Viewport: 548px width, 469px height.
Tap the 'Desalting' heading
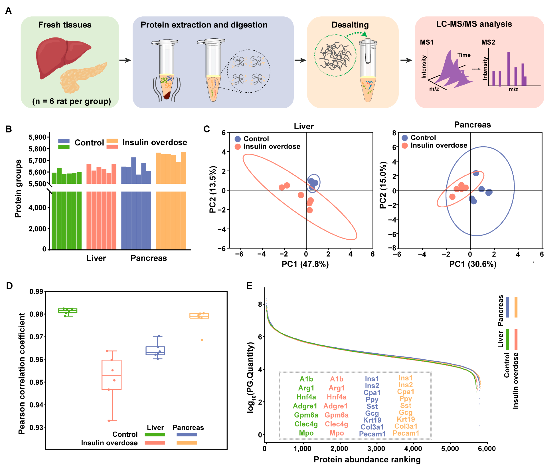[x=350, y=25]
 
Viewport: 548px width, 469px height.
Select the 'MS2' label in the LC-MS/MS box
[x=488, y=42]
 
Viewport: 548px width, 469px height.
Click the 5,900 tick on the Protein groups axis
[x=37, y=137]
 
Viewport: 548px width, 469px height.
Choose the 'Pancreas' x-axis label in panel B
[x=149, y=258]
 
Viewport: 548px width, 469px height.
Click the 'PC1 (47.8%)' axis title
[x=305, y=264]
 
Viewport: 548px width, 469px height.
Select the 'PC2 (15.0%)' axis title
[x=383, y=185]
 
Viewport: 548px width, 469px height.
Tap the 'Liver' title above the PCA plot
[x=304, y=127]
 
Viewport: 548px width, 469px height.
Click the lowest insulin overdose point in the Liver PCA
[x=310, y=210]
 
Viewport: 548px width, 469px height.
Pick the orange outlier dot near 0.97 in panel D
[x=202, y=340]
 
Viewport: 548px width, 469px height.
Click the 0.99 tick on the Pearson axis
[x=36, y=292]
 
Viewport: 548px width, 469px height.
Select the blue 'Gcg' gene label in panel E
[x=372, y=413]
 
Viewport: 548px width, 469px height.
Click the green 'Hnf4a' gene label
[x=306, y=397]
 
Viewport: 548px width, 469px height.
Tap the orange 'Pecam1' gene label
[x=406, y=433]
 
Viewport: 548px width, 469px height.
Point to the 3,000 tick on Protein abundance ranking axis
[x=376, y=449]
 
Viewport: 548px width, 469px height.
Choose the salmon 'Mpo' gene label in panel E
[x=336, y=433]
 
